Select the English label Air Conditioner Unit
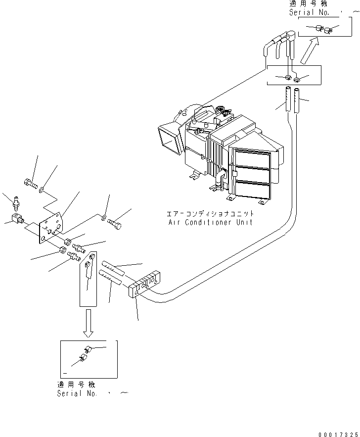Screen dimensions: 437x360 coord(210,222)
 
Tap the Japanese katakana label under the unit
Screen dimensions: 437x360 coord(211,214)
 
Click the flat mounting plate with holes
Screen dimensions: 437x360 coord(52,228)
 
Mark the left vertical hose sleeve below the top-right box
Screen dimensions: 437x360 coord(286,100)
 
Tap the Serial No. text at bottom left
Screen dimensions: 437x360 coord(77,393)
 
